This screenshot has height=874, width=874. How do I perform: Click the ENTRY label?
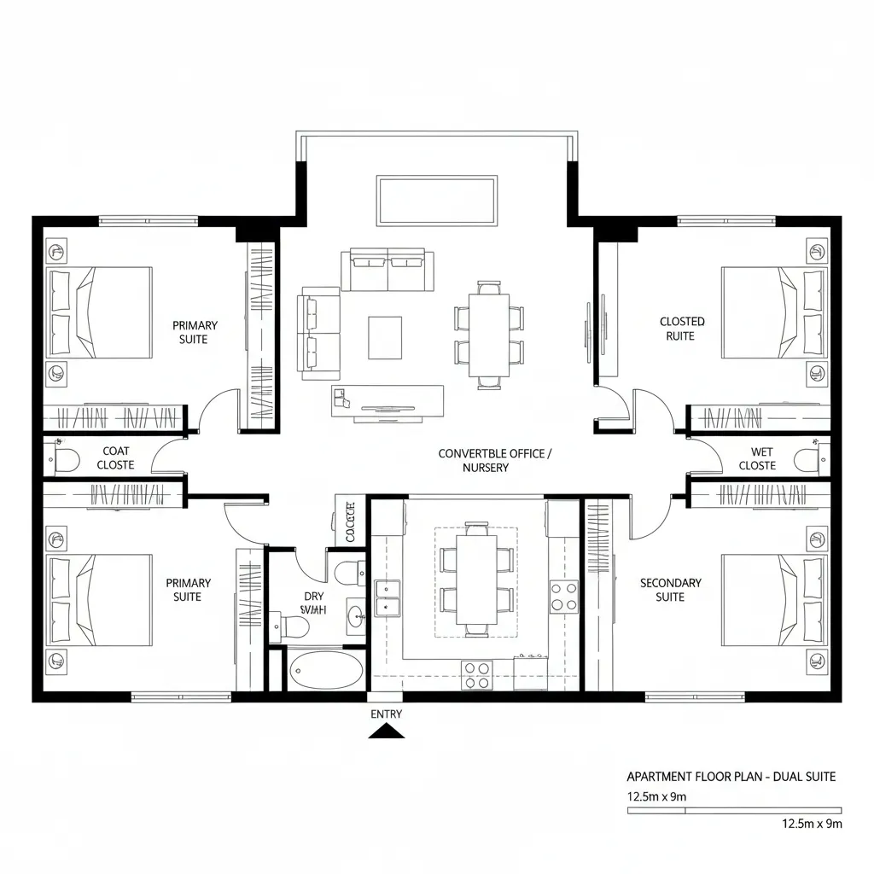click(387, 714)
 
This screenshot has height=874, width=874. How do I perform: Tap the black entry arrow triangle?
click(387, 731)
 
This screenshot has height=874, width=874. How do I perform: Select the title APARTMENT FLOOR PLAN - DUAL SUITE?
click(731, 777)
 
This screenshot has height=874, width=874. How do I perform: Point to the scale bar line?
click(734, 810)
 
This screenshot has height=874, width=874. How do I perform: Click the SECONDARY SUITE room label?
click(671, 590)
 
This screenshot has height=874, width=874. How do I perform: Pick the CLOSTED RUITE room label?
click(682, 329)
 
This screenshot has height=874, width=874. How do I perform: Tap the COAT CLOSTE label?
click(115, 457)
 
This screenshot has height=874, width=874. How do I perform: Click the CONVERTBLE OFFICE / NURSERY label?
click(495, 460)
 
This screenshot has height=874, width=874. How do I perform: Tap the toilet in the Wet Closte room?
click(808, 459)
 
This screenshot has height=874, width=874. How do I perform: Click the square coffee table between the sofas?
click(385, 337)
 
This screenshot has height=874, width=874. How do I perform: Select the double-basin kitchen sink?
click(387, 597)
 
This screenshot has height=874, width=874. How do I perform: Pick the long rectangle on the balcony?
click(437, 201)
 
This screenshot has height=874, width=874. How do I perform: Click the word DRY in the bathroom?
click(313, 597)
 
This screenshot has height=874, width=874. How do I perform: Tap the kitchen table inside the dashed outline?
click(475, 580)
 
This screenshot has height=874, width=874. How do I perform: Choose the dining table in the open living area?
click(489, 335)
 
